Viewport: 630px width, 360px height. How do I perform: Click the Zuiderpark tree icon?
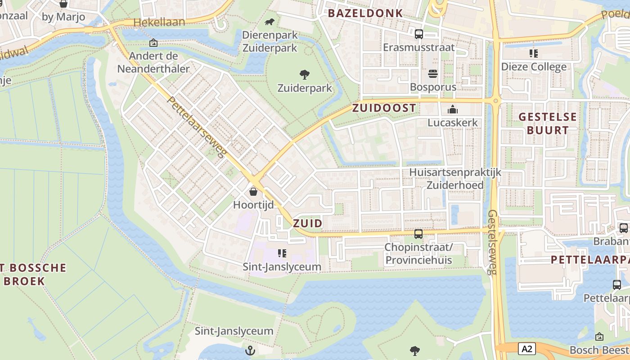[305, 74]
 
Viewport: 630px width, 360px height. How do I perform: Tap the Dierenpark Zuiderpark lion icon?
[270, 22]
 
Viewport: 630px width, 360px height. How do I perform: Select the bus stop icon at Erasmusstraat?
[418, 34]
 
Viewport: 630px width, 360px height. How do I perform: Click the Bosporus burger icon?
[433, 74]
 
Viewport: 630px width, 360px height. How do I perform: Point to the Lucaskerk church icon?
[452, 109]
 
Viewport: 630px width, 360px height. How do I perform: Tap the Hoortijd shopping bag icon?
[253, 192]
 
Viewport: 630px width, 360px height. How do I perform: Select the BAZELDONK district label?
[365, 13]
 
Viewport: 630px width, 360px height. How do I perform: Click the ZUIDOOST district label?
[384, 108]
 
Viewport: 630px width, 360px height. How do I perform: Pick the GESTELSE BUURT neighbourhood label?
[547, 123]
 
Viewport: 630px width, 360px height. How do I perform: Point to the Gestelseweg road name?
[493, 242]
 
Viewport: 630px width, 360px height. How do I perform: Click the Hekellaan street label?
[153, 22]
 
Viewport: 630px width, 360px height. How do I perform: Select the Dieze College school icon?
[534, 54]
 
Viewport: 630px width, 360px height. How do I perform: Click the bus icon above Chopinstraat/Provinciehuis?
[418, 234]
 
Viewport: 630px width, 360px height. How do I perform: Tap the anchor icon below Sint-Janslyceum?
[250, 350]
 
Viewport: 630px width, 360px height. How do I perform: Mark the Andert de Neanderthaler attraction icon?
[153, 43]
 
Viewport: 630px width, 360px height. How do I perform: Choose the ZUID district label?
[307, 223]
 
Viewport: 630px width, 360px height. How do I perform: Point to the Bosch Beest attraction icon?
[599, 337]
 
